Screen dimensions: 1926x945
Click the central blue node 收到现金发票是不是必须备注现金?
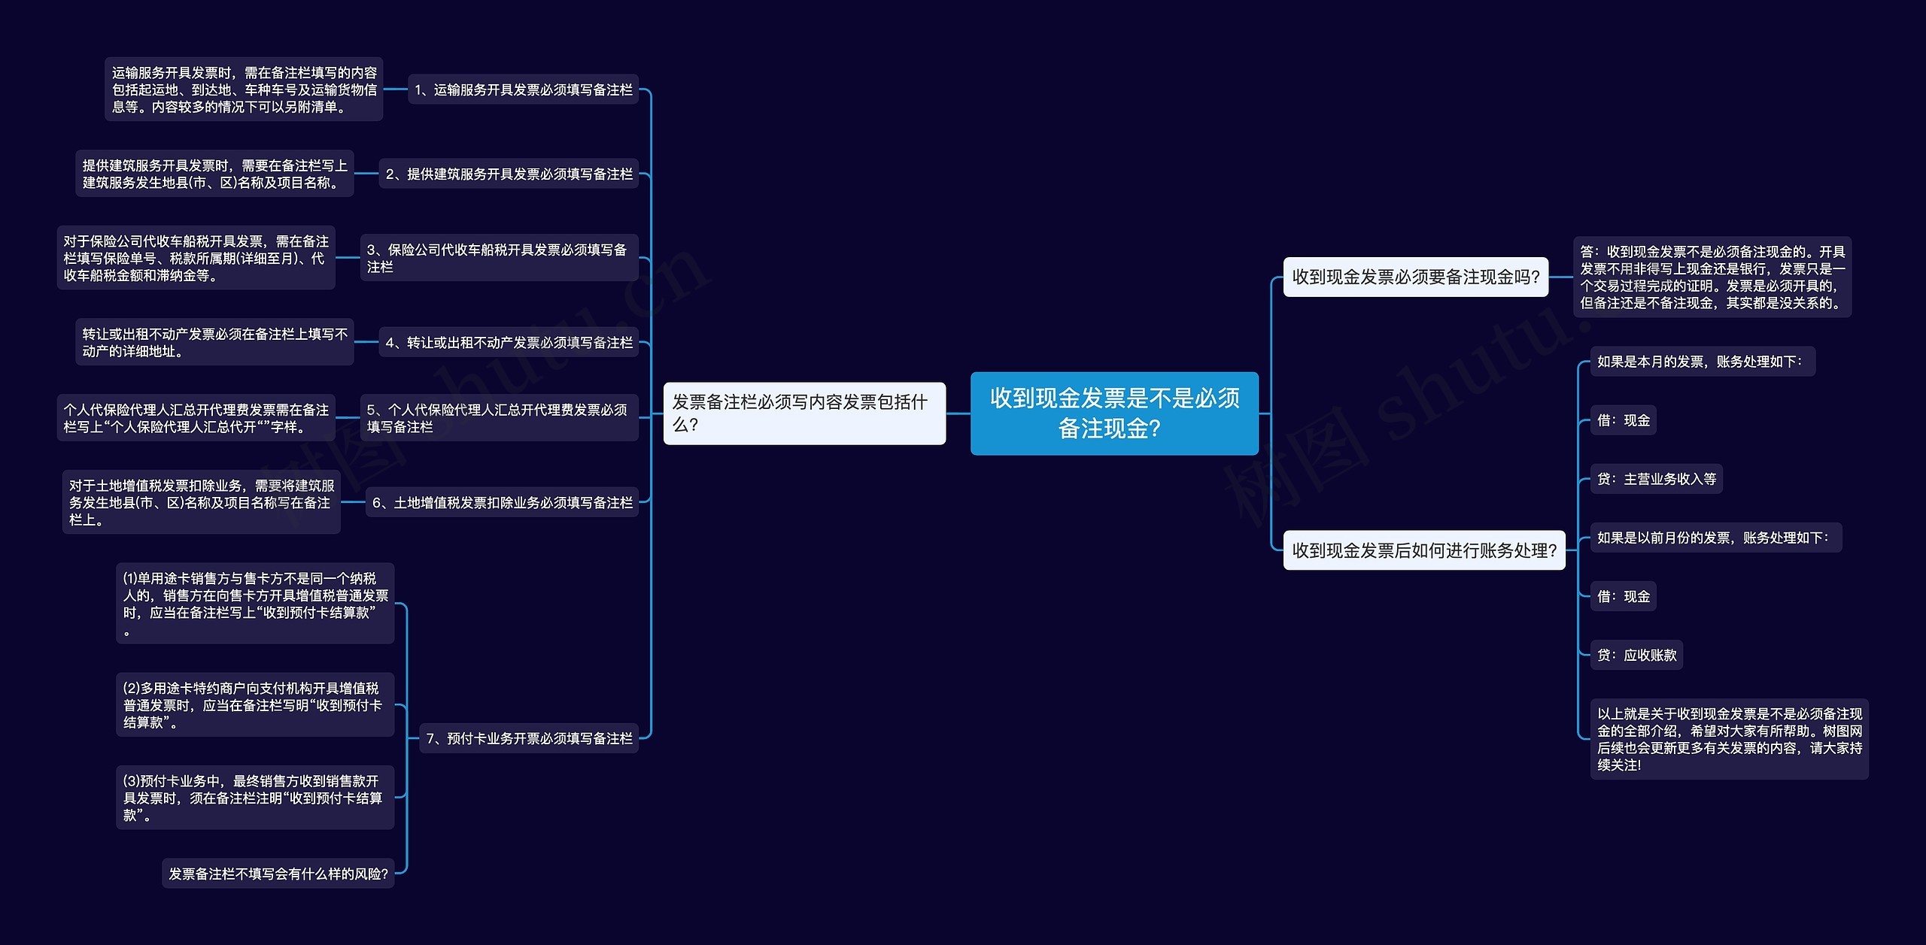[1114, 413]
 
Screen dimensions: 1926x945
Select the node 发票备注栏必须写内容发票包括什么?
[804, 413]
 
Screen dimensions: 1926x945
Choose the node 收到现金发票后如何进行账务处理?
[1424, 550]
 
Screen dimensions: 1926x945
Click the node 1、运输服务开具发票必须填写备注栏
[523, 89]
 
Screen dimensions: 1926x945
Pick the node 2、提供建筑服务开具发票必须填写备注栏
[509, 174]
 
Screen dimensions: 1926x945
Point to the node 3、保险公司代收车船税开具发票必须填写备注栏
[500, 258]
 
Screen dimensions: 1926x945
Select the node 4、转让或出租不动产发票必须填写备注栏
[509, 342]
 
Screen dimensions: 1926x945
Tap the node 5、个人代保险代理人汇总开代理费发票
[500, 417]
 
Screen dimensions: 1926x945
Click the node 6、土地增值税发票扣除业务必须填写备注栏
[502, 502]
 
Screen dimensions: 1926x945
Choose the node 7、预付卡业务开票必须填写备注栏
[529, 738]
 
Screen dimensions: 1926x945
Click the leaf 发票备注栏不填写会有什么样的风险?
[278, 874]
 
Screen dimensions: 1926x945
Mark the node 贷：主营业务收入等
[1657, 479]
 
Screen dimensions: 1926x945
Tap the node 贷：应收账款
[1636, 655]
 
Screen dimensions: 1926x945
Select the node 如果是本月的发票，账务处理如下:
[1703, 362]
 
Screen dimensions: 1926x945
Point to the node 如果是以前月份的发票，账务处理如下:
[1716, 538]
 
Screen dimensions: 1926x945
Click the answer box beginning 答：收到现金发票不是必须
[1712, 277]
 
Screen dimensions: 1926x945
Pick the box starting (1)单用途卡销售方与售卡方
[255, 604]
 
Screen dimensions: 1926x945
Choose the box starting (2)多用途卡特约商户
[255, 704]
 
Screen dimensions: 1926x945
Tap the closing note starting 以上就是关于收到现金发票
[1730, 739]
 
